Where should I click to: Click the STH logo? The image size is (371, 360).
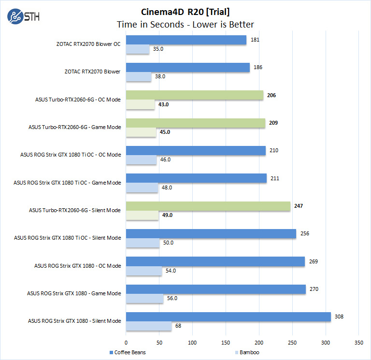(x=24, y=16)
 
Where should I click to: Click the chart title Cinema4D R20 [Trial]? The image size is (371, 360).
(x=185, y=11)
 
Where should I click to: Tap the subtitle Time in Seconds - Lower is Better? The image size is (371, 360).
(x=185, y=24)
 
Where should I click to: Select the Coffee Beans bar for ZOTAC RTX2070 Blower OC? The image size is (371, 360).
(x=186, y=40)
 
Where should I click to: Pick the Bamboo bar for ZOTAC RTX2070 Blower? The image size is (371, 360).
(x=139, y=77)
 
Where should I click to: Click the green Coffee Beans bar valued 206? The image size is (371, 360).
(x=195, y=95)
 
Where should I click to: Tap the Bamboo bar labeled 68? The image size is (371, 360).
(x=149, y=326)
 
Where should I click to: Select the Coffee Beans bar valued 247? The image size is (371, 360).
(x=208, y=206)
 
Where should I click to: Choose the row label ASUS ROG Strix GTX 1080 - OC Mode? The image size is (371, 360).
(x=77, y=266)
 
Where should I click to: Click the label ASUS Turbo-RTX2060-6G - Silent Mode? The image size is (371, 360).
(x=75, y=210)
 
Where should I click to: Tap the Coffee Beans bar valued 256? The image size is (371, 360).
(x=211, y=234)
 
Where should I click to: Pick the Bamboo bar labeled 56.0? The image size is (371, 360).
(x=144, y=299)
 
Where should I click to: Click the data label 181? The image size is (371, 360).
(x=255, y=40)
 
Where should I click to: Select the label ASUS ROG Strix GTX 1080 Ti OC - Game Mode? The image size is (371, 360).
(x=67, y=183)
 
